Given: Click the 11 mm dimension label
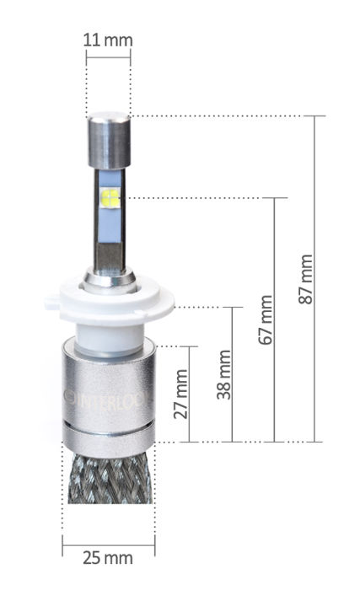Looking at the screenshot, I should [108, 40].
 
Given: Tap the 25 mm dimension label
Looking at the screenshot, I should [108, 557].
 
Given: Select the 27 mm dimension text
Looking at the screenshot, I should [180, 394].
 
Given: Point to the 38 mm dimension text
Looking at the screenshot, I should [223, 375].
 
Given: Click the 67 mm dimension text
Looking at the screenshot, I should [266, 319].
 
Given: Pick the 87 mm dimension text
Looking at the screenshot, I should [306, 279].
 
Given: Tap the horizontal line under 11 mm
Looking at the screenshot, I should [108, 58].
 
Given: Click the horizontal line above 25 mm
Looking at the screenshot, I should [108, 543].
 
